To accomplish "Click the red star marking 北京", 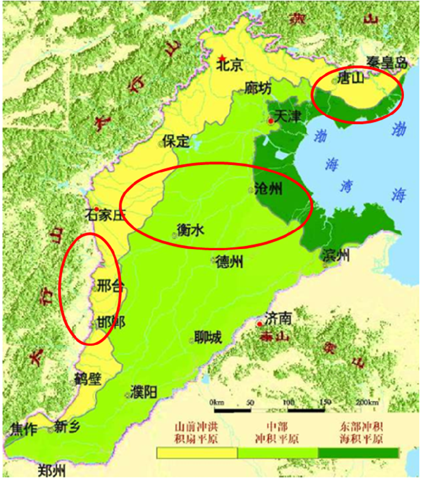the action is point(221,57).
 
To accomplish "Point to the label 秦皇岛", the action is point(386,62).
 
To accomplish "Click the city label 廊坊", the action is point(258,88).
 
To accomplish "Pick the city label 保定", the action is point(176,141).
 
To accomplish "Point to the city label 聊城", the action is point(209,338).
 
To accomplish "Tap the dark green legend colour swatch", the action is point(358,452).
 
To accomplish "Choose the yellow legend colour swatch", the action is point(197,452).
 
